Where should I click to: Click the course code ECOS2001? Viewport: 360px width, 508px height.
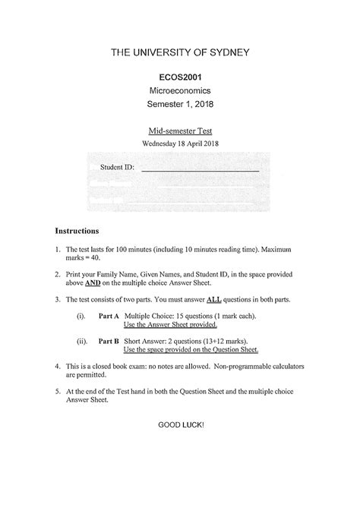click(180, 77)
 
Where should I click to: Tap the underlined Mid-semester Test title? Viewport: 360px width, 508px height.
click(180, 131)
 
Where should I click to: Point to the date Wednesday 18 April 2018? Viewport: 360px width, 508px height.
click(180, 144)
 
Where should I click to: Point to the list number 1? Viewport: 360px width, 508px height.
click(58, 249)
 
